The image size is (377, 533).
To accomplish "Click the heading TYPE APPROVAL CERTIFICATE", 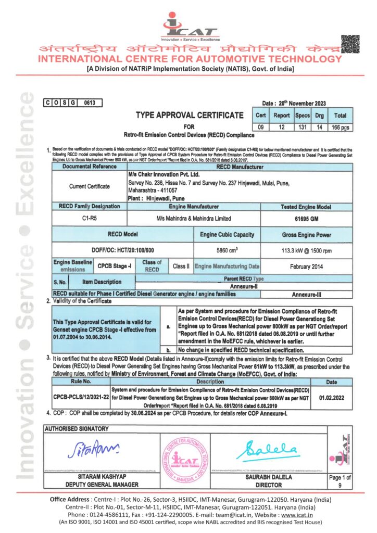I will point(189,115).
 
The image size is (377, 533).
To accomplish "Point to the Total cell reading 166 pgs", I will point(340,126).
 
